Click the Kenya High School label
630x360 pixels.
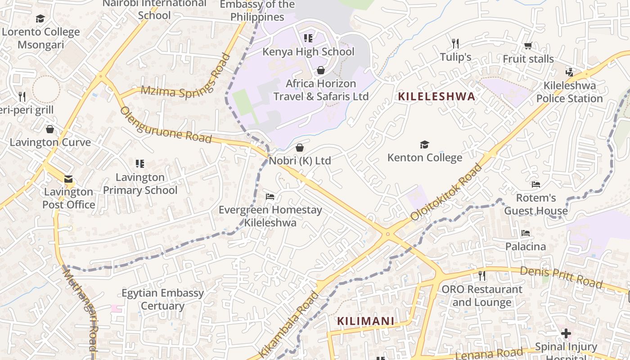pyautogui.click(x=308, y=52)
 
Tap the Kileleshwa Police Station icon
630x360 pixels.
pyautogui.click(x=569, y=72)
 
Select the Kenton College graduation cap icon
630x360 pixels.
pyautogui.click(x=424, y=144)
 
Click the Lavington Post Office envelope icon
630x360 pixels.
pyautogui.click(x=68, y=179)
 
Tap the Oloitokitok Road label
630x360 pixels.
pyautogui.click(x=446, y=192)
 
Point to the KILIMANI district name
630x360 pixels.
pyautogui.click(x=365, y=321)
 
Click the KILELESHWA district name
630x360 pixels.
pyautogui.click(x=436, y=96)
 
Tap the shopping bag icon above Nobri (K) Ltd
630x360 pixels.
pyautogui.click(x=300, y=148)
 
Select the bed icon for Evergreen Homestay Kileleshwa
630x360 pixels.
pyautogui.click(x=270, y=197)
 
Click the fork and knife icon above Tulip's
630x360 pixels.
pyautogui.click(x=455, y=44)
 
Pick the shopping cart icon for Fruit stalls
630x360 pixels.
pyautogui.click(x=528, y=45)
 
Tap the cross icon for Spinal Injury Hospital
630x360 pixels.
pyautogui.click(x=566, y=333)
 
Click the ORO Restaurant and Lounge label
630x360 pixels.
pyautogui.click(x=482, y=295)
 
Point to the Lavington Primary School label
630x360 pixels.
pyautogui.click(x=140, y=184)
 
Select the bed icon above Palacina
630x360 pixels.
pyautogui.click(x=525, y=233)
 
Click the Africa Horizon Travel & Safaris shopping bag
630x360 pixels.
pyautogui.click(x=321, y=70)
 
